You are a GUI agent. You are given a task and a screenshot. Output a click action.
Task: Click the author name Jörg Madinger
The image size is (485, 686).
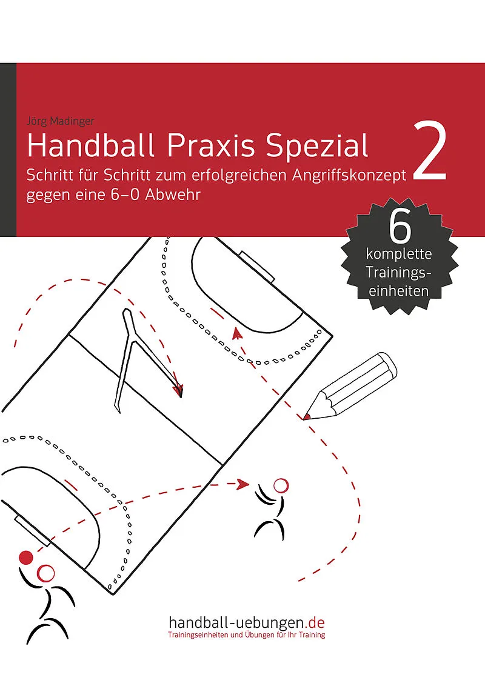[61, 121]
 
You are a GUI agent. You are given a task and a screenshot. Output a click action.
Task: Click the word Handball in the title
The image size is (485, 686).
[91, 145]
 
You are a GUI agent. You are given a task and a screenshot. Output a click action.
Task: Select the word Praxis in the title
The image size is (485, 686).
[211, 145]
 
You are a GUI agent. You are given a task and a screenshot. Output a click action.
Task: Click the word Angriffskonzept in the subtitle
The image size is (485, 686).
[349, 176]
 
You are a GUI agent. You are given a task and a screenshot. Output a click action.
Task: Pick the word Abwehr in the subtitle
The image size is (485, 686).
[172, 195]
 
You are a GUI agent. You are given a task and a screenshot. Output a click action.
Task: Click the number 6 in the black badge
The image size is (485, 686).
[400, 228]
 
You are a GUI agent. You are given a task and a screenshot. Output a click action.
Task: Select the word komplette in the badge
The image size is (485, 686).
[399, 254]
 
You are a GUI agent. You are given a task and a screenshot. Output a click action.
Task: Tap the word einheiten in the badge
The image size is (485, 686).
[398, 291]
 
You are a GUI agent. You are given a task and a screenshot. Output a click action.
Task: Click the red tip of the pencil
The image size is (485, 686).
[306, 416]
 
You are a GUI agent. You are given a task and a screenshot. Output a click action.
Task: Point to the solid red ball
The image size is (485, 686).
[26, 558]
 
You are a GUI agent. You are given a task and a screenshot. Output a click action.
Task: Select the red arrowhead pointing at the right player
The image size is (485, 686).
[243, 484]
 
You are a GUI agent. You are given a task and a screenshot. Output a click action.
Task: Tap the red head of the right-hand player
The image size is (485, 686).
[281, 485]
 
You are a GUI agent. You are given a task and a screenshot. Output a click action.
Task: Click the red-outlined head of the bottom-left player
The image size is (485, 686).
[45, 573]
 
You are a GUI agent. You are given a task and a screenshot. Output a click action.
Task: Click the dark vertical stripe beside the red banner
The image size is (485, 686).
[8, 150]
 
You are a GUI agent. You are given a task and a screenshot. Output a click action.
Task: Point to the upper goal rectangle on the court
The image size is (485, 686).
[256, 267]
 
